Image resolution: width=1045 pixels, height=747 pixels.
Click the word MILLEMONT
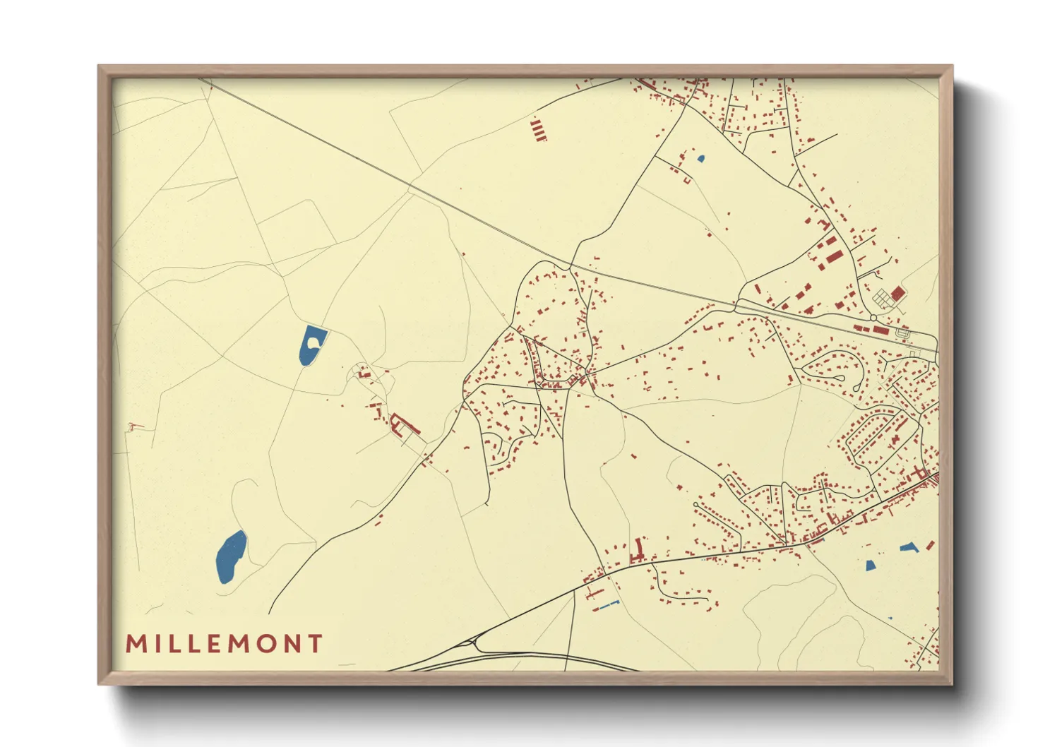224,644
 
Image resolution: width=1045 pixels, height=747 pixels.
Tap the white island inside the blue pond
312,342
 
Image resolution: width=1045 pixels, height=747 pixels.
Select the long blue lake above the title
231,556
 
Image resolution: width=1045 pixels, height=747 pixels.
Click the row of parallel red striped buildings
538,130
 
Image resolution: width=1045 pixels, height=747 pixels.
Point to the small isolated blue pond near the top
700,159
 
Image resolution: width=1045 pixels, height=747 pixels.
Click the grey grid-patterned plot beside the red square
883,299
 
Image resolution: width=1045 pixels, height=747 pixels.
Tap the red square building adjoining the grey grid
897,292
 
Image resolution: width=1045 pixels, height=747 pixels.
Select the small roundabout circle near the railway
902,333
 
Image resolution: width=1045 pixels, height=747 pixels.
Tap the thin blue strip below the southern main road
608,604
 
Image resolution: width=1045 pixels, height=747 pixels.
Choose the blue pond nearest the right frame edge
909,547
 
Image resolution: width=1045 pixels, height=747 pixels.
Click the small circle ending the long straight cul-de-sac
696,505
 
